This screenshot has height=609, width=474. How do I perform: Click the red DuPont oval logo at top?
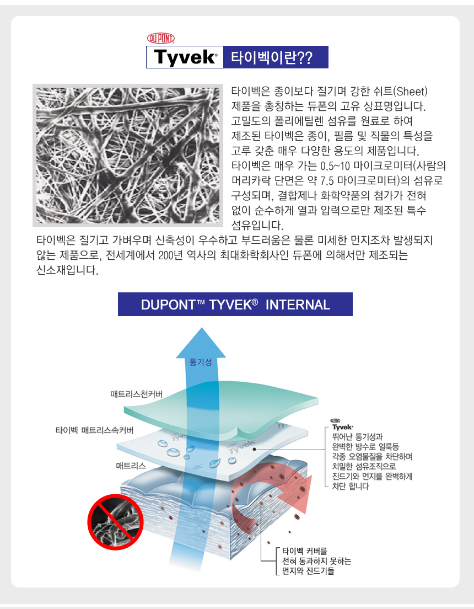(x=161, y=38)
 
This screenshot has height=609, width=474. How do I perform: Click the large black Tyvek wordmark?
(x=185, y=57)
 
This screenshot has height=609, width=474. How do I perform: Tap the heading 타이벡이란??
(x=272, y=57)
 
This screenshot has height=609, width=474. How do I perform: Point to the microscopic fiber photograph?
(x=128, y=156)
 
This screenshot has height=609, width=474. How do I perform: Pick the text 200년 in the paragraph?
(x=170, y=255)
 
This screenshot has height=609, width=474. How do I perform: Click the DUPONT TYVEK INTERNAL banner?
(x=235, y=304)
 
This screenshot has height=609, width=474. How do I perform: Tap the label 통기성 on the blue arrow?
(x=201, y=362)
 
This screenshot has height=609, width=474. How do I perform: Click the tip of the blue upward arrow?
(x=202, y=328)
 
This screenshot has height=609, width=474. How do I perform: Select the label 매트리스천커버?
(x=137, y=394)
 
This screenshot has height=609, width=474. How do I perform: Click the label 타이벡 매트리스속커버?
(x=94, y=430)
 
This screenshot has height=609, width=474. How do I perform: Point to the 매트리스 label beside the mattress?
(x=131, y=466)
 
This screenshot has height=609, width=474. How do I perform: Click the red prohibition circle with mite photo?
(x=115, y=522)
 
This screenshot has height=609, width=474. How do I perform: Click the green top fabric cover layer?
(x=221, y=407)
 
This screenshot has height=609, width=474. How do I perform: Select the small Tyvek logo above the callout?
(x=342, y=425)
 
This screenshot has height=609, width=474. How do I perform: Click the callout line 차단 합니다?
(x=351, y=486)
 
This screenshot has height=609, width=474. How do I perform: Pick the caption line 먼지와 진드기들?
(x=308, y=571)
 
